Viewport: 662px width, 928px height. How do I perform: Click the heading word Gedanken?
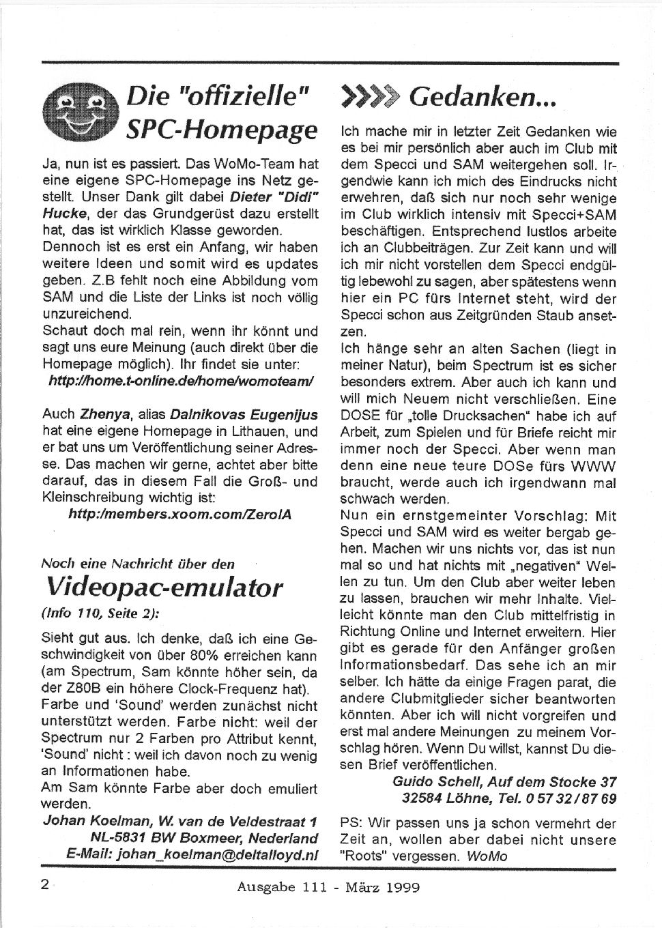click(484, 100)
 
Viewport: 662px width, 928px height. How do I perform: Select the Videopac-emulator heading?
click(164, 587)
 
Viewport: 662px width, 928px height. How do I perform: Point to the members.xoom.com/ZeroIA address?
click(180, 514)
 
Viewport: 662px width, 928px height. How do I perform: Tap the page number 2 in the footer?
click(45, 886)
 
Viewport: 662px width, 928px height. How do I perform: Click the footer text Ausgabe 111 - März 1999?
click(328, 887)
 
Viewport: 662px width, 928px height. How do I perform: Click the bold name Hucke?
click(62, 214)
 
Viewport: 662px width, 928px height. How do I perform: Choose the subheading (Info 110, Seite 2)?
click(101, 612)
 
